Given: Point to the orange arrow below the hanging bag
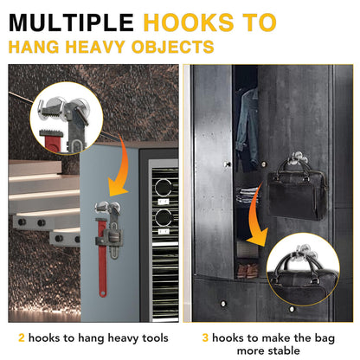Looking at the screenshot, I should click(257, 220).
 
